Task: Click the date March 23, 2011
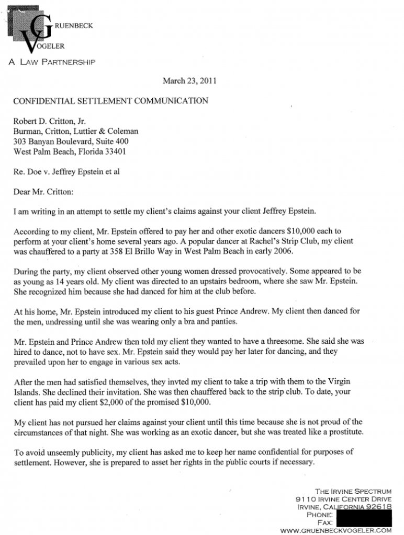pos(189,81)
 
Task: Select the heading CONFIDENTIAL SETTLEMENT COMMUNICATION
pos(110,100)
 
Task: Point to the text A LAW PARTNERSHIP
pos(51,63)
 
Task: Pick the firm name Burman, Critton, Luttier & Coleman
pos(76,132)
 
